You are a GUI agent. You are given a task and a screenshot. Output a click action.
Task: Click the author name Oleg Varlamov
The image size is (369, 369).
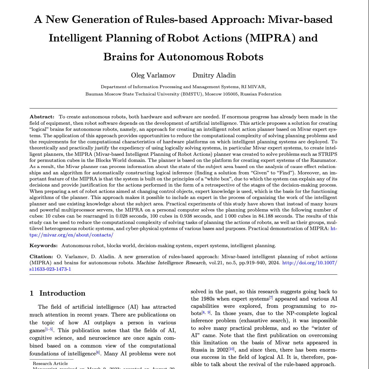[x=153, y=75]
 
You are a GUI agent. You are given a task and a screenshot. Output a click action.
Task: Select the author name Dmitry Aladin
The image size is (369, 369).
[x=214, y=75]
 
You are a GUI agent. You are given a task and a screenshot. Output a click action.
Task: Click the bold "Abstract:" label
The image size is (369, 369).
[x=42, y=117]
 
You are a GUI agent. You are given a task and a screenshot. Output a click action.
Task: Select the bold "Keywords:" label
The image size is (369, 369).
[x=44, y=245]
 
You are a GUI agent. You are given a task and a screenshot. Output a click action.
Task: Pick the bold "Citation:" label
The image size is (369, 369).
[x=41, y=256]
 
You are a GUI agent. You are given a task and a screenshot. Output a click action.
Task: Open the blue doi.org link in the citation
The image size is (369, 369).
[x=309, y=263]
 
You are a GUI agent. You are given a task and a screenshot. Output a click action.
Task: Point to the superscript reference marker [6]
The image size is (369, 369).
[x=98, y=353]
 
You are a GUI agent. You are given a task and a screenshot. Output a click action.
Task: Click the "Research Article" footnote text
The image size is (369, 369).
[x=50, y=363]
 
